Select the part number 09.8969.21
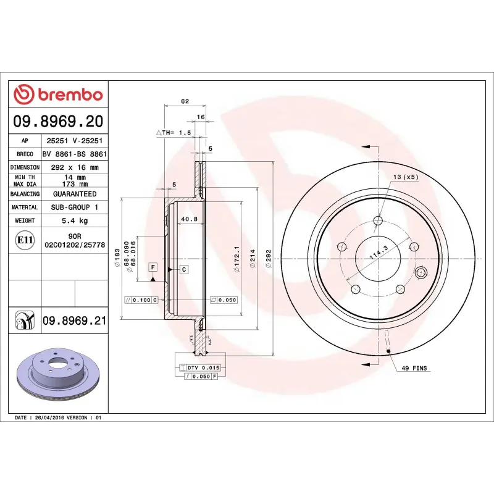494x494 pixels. tap(74, 320)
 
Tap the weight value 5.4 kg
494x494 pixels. tap(75, 220)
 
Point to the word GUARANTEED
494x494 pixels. tap(75, 194)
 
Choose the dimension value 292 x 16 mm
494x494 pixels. tap(75, 167)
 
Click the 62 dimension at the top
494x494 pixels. tap(185, 101)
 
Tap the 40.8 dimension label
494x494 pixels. tap(189, 219)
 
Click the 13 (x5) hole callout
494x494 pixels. tap(405, 177)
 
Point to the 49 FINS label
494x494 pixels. tap(414, 368)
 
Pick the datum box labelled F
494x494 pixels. tap(153, 267)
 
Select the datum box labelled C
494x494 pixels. tap(184, 269)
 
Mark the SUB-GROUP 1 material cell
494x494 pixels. tap(75, 207)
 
